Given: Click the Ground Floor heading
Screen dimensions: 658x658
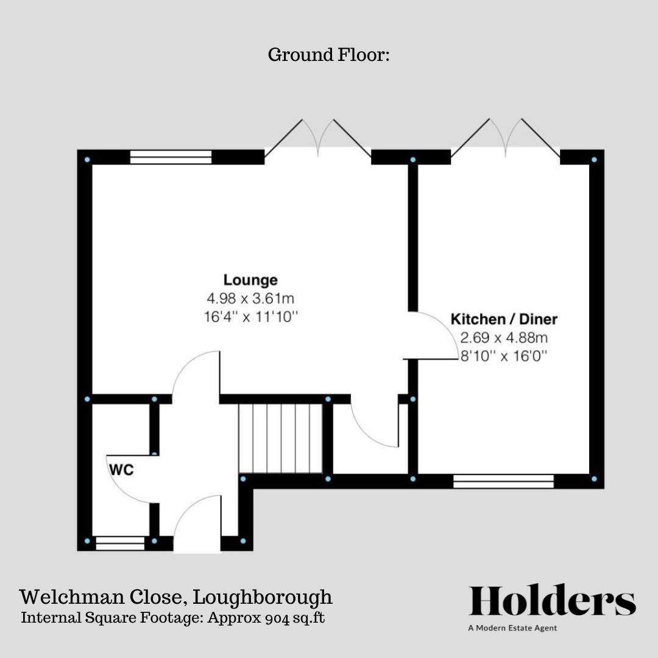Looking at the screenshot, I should (328, 55).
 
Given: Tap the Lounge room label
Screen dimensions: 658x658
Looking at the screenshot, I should (250, 280).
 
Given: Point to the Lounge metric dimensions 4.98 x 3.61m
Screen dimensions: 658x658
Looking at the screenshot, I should (250, 299).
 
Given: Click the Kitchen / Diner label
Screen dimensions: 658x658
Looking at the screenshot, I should (504, 319).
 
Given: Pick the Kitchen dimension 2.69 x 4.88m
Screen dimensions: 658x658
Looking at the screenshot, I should (504, 337).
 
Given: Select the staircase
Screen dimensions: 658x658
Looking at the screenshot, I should (280, 438).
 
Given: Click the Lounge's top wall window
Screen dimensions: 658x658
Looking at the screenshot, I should (171, 157).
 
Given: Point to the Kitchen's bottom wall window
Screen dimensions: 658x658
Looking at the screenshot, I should (503, 481).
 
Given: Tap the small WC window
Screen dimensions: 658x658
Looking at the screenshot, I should (120, 543).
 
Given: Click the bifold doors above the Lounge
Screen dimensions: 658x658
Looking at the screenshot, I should (317, 139).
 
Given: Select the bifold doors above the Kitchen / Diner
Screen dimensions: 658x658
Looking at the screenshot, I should (505, 139).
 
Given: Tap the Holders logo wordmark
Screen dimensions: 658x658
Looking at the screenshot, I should (552, 601).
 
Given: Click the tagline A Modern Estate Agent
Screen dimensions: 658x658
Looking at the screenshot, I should (512, 628).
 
